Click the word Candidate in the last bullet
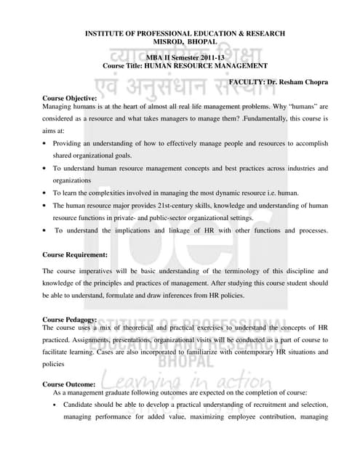[80, 405]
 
